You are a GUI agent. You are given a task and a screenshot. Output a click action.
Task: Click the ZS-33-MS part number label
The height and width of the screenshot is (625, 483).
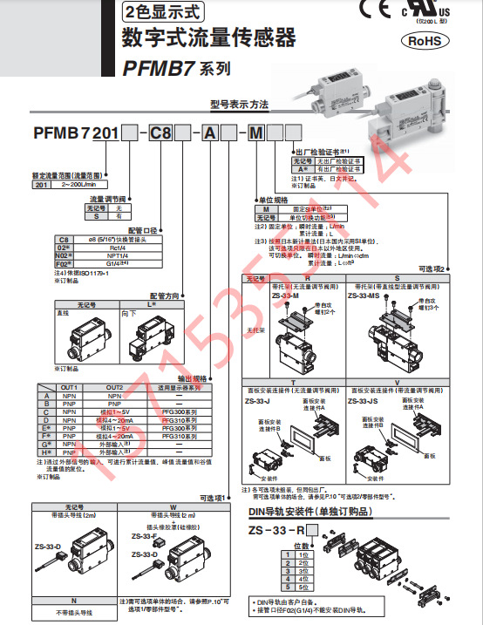(x=364, y=296)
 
